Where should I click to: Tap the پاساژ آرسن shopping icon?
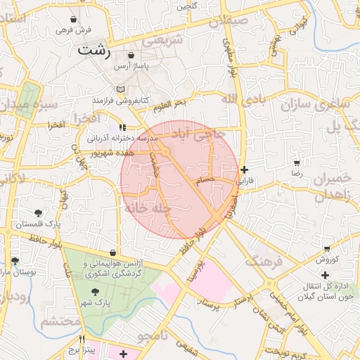(131, 56)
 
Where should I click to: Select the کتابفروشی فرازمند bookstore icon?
(120, 89)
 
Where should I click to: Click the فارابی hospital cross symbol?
(244, 169)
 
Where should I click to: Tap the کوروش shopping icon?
(328, 249)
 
